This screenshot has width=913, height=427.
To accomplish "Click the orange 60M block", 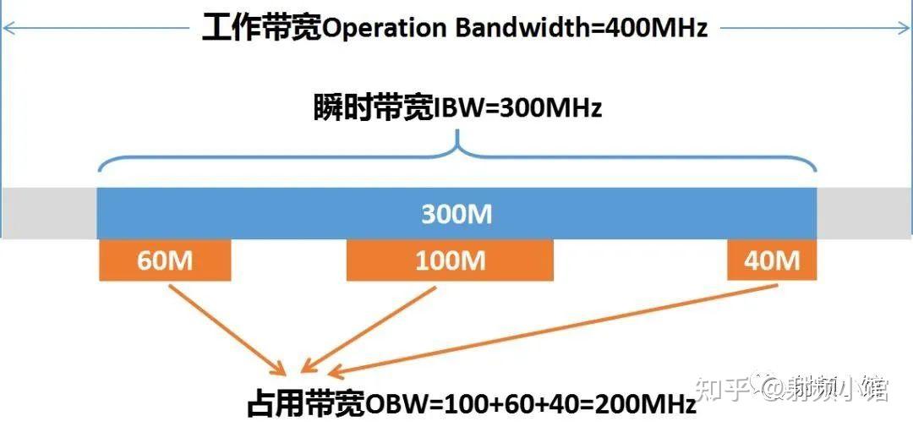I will point(165,260).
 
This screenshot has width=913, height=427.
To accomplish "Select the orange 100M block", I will point(450,260).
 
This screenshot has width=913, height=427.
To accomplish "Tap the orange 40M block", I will point(772,260).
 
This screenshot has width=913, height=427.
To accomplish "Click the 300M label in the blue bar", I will point(456,215).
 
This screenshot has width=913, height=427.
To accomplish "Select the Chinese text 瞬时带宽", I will point(373,109).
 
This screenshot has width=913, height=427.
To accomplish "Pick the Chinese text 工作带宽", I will point(262,28).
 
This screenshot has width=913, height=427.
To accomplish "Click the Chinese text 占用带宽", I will point(305,404).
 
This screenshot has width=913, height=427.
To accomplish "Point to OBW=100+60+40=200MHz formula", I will point(531,404).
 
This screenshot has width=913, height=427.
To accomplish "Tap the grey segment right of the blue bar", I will point(862,213).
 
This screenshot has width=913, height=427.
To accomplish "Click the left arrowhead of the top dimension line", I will point(8,28).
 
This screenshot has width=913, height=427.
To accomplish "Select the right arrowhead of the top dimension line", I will point(905,28).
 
